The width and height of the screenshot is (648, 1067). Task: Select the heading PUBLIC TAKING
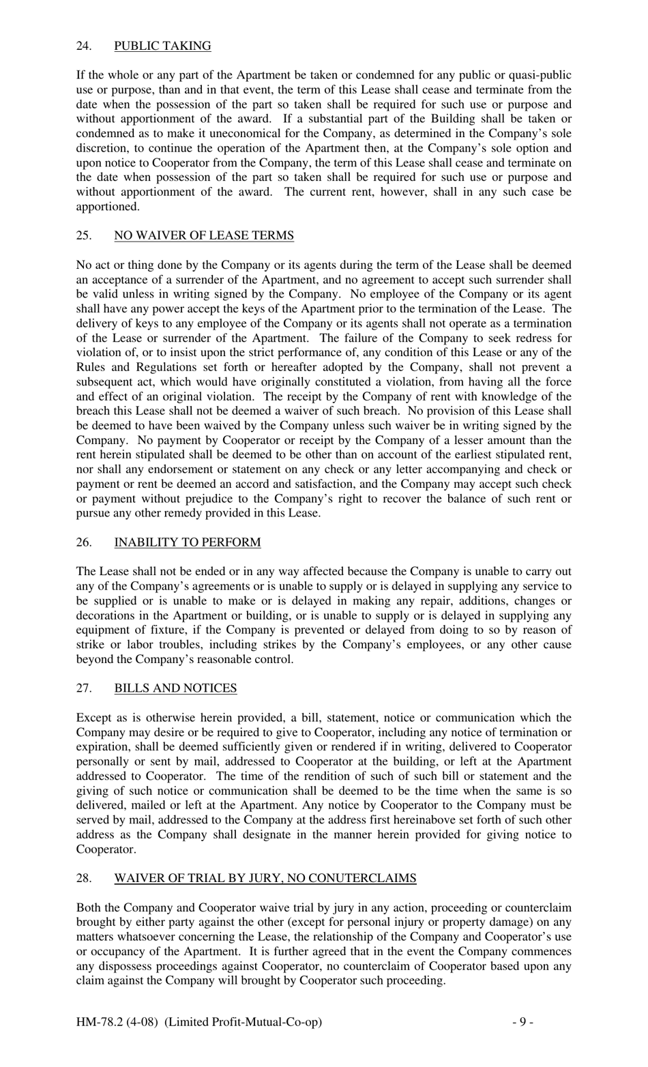162,46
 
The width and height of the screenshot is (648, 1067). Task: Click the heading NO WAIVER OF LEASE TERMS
204,236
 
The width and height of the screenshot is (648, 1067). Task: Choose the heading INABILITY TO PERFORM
188,543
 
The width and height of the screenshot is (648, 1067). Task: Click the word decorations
106,615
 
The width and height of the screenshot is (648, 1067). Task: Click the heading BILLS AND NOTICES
176,688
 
